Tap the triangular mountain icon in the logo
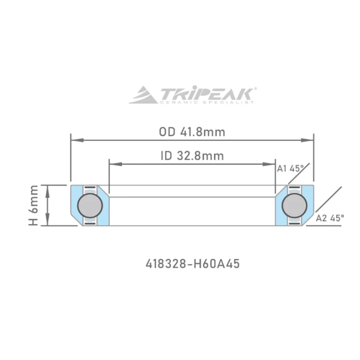pyautogui.click(x=143, y=95)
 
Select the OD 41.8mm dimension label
pyautogui.click(x=192, y=132)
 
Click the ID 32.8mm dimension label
pyautogui.click(x=192, y=156)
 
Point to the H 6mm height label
pyautogui.click(x=33, y=205)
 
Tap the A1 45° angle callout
pyautogui.click(x=290, y=169)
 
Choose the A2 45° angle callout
pyautogui.click(x=330, y=218)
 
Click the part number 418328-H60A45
pyautogui.click(x=193, y=264)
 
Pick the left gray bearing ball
pyautogui.click(x=90, y=206)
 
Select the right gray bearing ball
pyautogui.click(x=294, y=206)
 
